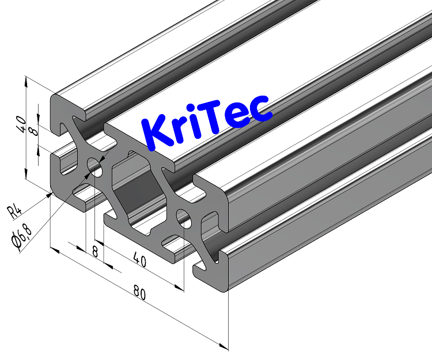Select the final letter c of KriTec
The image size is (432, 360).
pyautogui.click(x=259, y=109)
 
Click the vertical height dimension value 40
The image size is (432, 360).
pyautogui.click(x=20, y=122)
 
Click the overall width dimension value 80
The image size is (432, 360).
pyautogui.click(x=138, y=293)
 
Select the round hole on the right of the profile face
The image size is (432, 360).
pyautogui.click(x=185, y=218)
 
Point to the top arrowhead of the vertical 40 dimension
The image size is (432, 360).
pyautogui.click(x=26, y=81)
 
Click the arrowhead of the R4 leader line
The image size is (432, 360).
pyautogui.click(x=50, y=194)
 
